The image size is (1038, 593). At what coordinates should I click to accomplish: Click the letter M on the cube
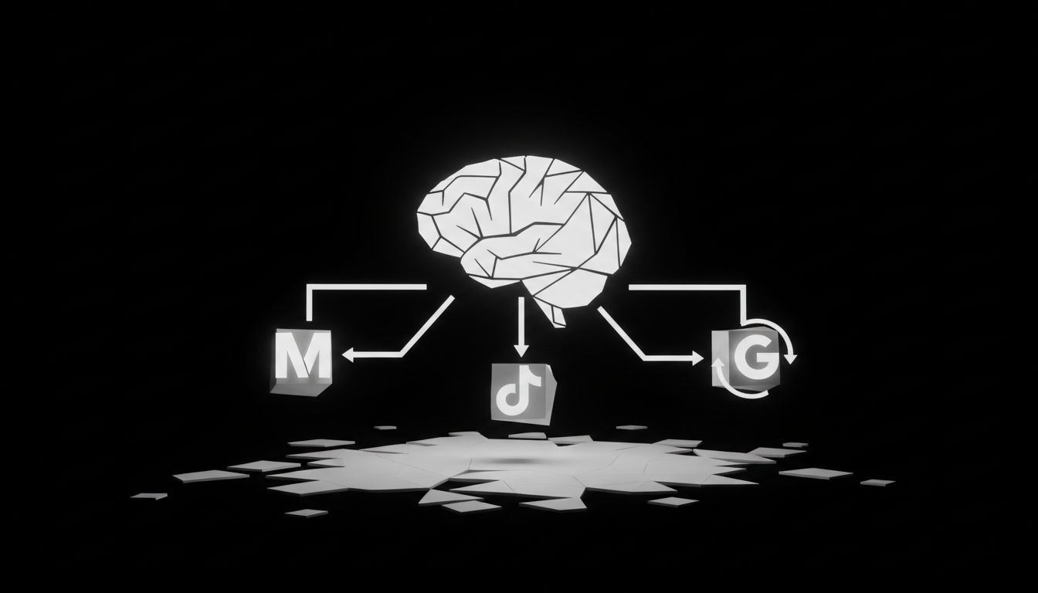click(x=302, y=356)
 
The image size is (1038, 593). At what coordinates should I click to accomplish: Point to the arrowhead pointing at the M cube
click(x=347, y=355)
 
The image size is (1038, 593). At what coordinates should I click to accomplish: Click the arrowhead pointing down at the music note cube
click(x=522, y=349)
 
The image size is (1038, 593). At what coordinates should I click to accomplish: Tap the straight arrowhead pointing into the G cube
click(x=697, y=358)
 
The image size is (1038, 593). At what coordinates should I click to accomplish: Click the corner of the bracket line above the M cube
click(x=309, y=287)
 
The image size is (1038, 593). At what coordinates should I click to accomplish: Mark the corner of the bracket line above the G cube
click(x=745, y=287)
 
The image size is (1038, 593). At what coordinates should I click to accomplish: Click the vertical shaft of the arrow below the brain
click(x=522, y=320)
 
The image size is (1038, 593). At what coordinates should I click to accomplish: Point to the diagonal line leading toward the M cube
click(x=429, y=324)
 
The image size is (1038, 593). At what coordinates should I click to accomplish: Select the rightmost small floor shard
click(x=877, y=483)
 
